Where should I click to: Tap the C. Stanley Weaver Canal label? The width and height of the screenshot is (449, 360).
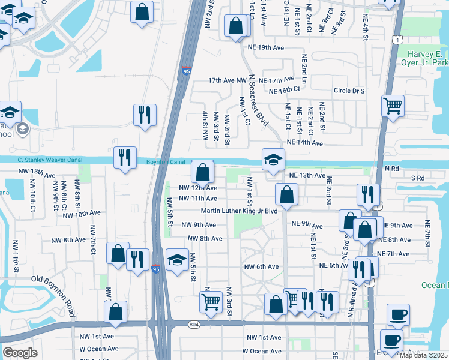pyautogui.click(x=46, y=160)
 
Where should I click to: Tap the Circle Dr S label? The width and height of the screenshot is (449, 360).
pyautogui.click(x=349, y=91)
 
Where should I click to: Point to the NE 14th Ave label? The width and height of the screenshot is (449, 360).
pyautogui.click(x=305, y=143)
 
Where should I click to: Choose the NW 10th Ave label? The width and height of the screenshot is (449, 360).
pyautogui.click(x=81, y=214)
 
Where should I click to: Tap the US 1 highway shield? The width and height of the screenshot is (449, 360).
pyautogui.click(x=397, y=39)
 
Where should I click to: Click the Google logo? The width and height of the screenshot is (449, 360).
pyautogui.click(x=20, y=353)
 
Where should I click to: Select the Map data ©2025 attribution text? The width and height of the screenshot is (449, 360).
pyautogui.click(x=424, y=355)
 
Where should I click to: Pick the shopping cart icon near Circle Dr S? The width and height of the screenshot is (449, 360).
pyautogui.click(x=393, y=106)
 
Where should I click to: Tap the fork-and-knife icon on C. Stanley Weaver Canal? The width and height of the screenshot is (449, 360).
pyautogui.click(x=125, y=157)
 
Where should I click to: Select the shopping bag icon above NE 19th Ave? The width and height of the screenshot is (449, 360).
pyautogui.click(x=236, y=26)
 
